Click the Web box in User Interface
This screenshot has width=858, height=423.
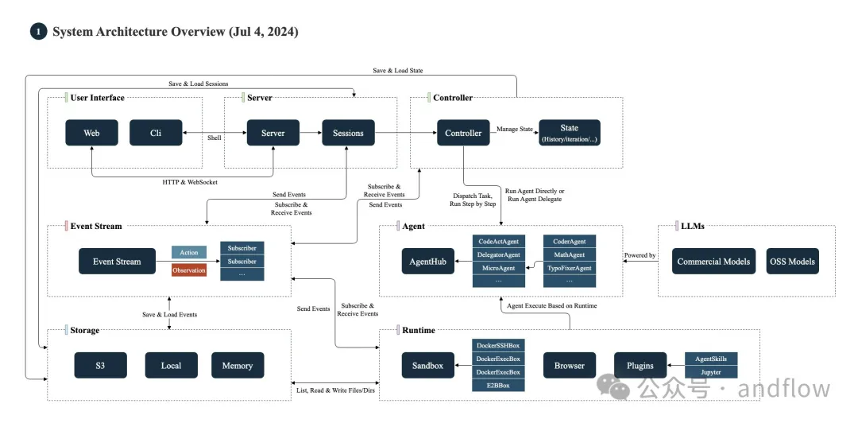pyautogui.click(x=91, y=133)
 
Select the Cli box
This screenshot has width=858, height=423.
pyautogui.click(x=156, y=133)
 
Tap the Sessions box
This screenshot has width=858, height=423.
pyautogui.click(x=348, y=133)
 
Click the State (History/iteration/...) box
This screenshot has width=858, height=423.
pyautogui.click(x=569, y=133)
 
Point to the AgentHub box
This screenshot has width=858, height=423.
pyautogui.click(x=428, y=262)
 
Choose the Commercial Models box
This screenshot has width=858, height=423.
pyautogui.click(x=713, y=262)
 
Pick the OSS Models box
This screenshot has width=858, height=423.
pyautogui.click(x=793, y=262)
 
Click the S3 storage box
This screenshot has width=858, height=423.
pyautogui.click(x=101, y=366)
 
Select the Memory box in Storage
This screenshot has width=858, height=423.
pyautogui.click(x=238, y=366)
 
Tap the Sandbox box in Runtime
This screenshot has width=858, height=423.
pyautogui.click(x=428, y=366)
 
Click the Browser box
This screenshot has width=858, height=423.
pyautogui.click(x=570, y=366)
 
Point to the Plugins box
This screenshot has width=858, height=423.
pyautogui.click(x=640, y=366)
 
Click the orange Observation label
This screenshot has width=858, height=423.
pyautogui.click(x=189, y=270)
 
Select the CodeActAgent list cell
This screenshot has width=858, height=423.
pyautogui.click(x=498, y=242)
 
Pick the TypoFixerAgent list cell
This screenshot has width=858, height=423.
pyautogui.click(x=570, y=268)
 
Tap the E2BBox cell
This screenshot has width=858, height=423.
pyautogui.click(x=498, y=385)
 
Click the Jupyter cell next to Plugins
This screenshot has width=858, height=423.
pyautogui.click(x=711, y=372)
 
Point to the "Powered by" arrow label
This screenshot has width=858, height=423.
pyautogui.click(x=640, y=255)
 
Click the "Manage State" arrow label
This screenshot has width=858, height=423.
pyautogui.click(x=514, y=130)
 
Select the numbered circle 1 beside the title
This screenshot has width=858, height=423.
pyautogui.click(x=38, y=32)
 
